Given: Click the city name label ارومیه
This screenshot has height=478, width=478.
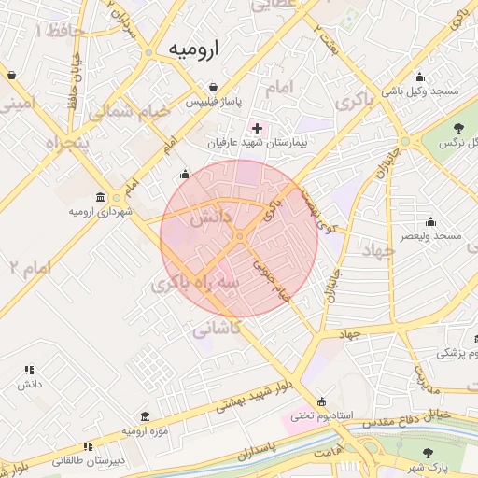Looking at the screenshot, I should click(x=193, y=50).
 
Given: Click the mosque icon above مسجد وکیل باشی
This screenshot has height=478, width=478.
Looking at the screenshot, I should click(x=420, y=77).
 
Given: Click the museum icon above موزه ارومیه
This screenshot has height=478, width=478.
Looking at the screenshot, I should click(x=145, y=416).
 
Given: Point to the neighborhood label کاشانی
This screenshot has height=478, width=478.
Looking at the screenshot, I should click(x=217, y=329).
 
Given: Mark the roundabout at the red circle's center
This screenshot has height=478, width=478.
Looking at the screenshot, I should click(x=240, y=237).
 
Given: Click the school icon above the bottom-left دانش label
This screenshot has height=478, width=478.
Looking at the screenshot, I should click(x=29, y=371).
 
